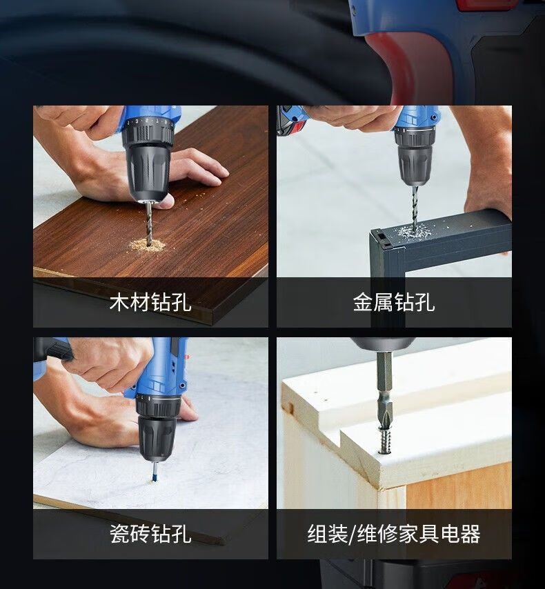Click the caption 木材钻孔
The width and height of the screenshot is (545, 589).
pos(150,302)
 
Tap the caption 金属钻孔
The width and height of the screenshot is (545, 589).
pos(394,302)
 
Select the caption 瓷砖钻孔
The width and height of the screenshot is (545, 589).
pos(150,534)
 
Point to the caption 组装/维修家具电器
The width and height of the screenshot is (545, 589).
pos(394,534)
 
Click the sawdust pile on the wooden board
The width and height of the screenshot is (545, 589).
pos(148,246)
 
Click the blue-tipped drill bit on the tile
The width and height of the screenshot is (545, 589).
pos(154,473)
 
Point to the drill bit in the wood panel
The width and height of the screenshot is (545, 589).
pos(149,223)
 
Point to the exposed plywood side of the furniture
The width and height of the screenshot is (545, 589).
pos(459,487)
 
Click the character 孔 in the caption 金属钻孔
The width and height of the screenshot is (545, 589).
pos(425,302)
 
